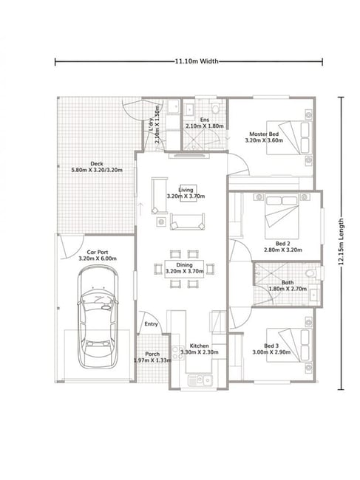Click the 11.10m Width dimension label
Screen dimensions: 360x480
click(x=197, y=61)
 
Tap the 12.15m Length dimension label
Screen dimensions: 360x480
click(x=341, y=241)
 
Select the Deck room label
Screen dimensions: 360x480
click(x=97, y=164)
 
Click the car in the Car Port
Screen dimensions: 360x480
click(x=98, y=317)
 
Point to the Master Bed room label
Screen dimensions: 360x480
click(x=264, y=134)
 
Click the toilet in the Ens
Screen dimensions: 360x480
click(x=217, y=107)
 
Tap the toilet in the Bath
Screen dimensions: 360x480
click(x=313, y=272)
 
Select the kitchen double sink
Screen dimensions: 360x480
click(x=200, y=380)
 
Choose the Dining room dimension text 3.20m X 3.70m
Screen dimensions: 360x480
click(x=185, y=271)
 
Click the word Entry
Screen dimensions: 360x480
click(x=151, y=324)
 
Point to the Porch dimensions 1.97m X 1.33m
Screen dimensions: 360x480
click(x=152, y=360)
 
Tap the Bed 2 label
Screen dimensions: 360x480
click(x=283, y=244)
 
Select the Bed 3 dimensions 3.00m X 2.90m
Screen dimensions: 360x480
click(x=271, y=352)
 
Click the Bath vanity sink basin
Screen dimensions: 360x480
click(x=314, y=295)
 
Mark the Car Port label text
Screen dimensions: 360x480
click(x=98, y=253)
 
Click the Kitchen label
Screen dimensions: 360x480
click(x=200, y=346)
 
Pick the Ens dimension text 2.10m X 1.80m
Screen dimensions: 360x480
click(x=204, y=126)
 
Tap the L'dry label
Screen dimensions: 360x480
click(x=151, y=125)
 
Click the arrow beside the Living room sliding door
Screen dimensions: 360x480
click(x=140, y=208)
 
